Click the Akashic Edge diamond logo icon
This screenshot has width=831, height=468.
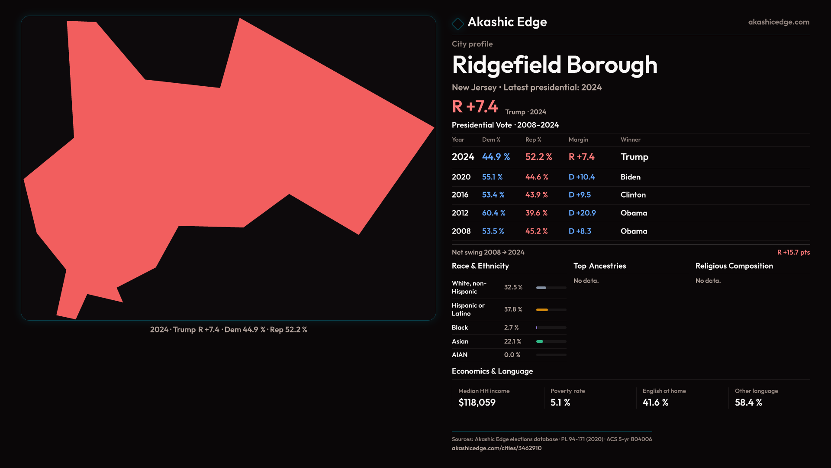(x=457, y=23)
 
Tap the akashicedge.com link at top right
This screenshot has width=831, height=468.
(x=778, y=22)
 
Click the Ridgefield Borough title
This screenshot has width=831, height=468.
(x=554, y=65)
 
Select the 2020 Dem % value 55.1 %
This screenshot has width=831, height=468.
(x=492, y=177)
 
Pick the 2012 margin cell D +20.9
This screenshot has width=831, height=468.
(x=582, y=213)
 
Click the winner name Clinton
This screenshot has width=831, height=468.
(x=633, y=195)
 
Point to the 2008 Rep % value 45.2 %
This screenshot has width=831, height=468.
(x=536, y=231)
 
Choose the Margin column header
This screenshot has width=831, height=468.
(x=578, y=140)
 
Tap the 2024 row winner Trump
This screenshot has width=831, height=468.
(x=634, y=157)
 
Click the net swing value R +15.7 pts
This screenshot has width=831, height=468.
(x=793, y=253)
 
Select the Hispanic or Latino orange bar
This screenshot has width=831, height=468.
(x=542, y=310)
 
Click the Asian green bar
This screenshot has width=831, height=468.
(x=540, y=341)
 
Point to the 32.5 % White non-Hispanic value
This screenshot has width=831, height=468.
(x=513, y=287)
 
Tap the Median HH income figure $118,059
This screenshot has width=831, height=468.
(x=477, y=403)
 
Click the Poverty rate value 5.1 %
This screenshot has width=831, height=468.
(x=560, y=403)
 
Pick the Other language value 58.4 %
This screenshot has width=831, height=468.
(x=748, y=403)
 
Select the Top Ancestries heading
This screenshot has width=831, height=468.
(x=599, y=266)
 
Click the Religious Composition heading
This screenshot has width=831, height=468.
(x=734, y=266)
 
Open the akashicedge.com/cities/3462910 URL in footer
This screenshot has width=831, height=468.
(x=496, y=448)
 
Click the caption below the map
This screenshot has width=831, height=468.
(x=229, y=330)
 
